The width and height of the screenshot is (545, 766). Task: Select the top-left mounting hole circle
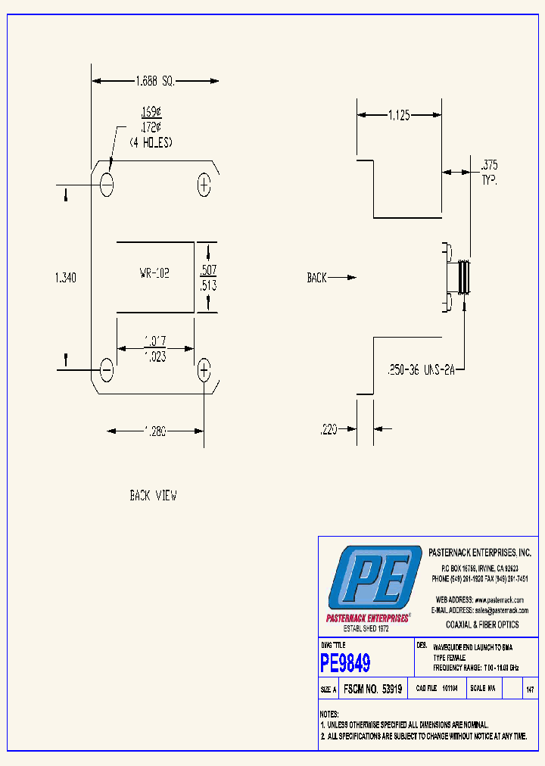[107, 183]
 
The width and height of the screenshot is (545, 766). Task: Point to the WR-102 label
[154, 273]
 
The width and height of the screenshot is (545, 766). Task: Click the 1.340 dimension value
[66, 278]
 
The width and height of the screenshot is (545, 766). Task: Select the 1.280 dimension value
[155, 431]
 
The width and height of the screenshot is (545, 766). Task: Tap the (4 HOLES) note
[151, 142]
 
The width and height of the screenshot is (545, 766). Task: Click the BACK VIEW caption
[153, 496]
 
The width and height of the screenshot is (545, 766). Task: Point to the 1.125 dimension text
[399, 116]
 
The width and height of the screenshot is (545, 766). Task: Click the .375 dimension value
[488, 165]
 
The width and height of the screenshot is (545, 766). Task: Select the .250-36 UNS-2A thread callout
[420, 371]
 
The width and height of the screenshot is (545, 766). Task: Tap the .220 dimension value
[328, 429]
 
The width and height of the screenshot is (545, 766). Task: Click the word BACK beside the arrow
[316, 278]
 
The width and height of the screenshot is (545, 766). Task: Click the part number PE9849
[345, 664]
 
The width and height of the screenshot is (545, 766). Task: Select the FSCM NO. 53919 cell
[372, 690]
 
